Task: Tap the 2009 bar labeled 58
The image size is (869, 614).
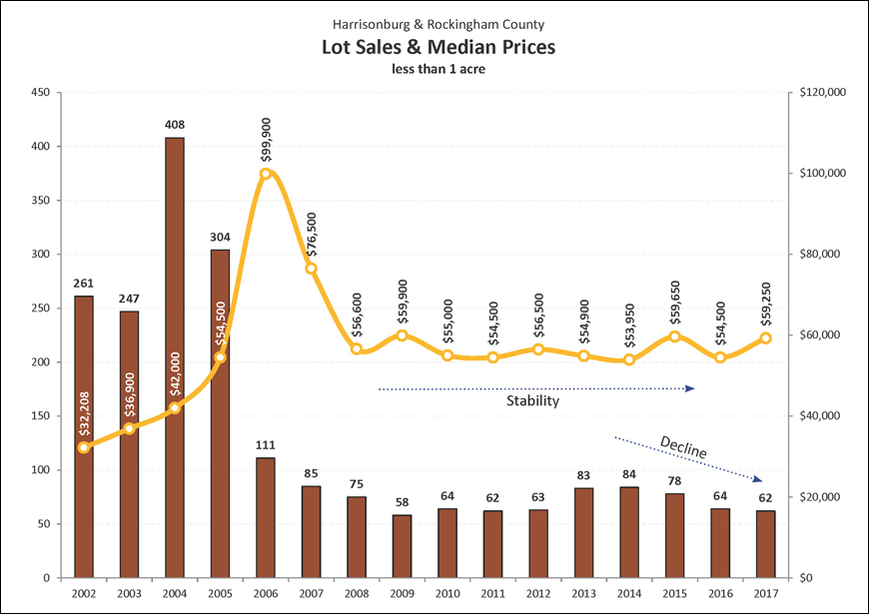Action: point(402,546)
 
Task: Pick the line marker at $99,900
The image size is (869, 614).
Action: point(265,174)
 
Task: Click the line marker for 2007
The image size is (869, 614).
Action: point(311,269)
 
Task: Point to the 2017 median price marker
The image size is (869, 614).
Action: point(766,338)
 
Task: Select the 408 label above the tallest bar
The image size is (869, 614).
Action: point(174,125)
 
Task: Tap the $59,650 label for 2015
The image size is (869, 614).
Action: point(675,296)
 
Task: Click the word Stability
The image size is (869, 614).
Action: point(532,401)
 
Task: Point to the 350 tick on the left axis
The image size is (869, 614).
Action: point(41,200)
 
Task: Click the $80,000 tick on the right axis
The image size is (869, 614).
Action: point(822,255)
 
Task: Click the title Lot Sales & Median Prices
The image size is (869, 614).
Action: point(437,47)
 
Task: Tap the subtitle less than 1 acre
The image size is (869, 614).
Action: point(437,69)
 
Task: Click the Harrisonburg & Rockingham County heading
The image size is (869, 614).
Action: point(437,23)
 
